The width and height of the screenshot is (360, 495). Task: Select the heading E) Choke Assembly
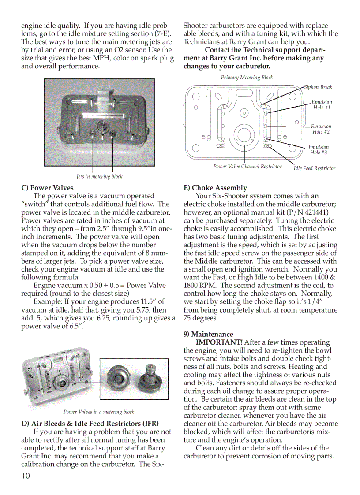[215, 187]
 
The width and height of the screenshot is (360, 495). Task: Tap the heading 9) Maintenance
[208, 334]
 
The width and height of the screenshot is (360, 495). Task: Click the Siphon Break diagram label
[318, 87]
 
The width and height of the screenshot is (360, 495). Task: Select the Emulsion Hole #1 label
[322, 105]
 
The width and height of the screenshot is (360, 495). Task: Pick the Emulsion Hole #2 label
[321, 129]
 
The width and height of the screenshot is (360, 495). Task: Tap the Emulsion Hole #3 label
[318, 150]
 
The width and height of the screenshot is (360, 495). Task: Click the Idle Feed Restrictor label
[315, 168]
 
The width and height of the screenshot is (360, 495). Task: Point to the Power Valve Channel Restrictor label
[247, 167]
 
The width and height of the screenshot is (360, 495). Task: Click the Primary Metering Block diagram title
[247, 78]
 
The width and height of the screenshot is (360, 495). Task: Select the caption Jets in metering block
[99, 177]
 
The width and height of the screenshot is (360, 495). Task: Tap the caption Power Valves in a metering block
[99, 412]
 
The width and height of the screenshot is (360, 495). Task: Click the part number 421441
[314, 212]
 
